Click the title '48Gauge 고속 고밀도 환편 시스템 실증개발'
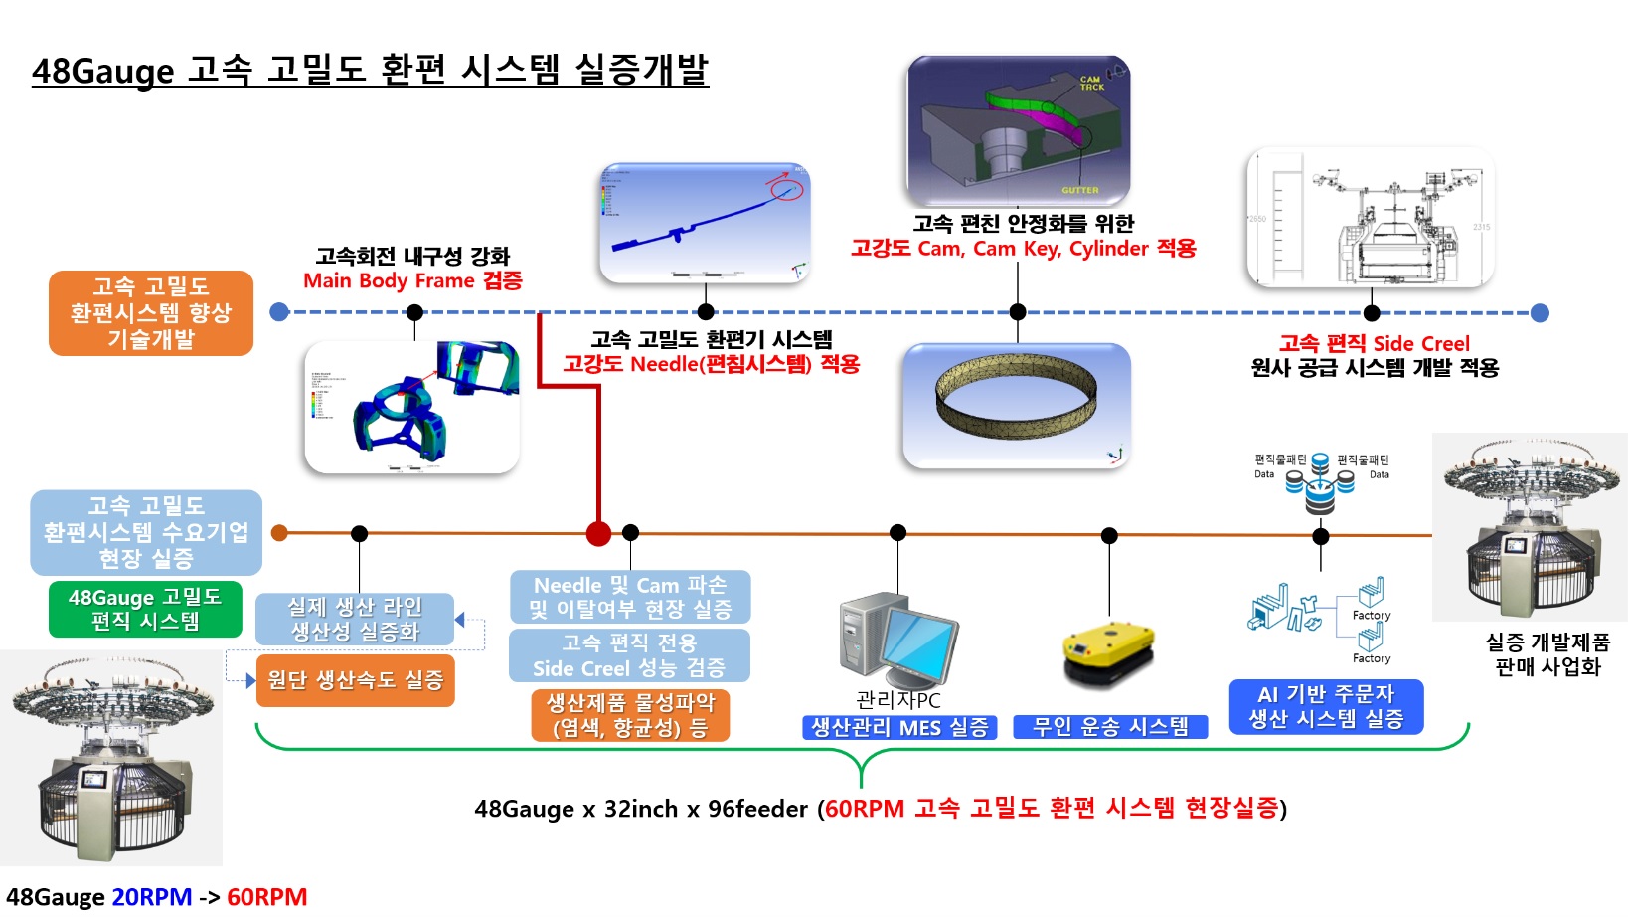370,71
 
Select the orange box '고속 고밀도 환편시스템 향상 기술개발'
151,313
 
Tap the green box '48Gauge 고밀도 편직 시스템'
145,609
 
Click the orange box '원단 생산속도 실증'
355,680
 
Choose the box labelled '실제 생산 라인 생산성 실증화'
355,619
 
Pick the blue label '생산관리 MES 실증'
899,727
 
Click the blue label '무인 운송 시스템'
1110,727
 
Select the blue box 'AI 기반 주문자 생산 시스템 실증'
1326,706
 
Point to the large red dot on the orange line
598,534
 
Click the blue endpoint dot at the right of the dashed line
1540,313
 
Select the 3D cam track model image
1018,130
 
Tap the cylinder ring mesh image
1016,405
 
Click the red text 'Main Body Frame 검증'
412,280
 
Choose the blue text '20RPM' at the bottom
152,897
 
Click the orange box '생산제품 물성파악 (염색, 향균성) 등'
630,715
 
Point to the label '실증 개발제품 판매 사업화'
1547,654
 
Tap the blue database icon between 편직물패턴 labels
1320,483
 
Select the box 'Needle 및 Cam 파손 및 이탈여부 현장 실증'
630,597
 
